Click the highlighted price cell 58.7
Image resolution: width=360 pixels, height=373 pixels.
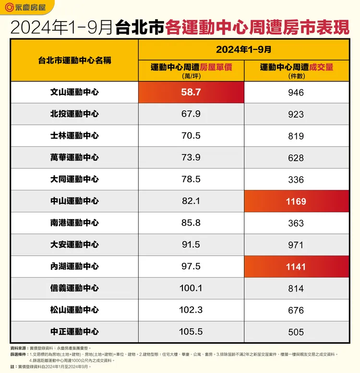pyautogui.click(x=191, y=92)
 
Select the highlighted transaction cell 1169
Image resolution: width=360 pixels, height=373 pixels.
pyautogui.click(x=296, y=201)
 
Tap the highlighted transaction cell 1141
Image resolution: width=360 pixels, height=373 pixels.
pyautogui.click(x=296, y=267)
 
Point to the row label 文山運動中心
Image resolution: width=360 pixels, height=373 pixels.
pyautogui.click(x=74, y=92)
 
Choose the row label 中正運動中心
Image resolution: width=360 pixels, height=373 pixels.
pyautogui.click(x=74, y=332)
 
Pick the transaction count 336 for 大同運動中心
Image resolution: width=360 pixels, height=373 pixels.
pyautogui.click(x=296, y=180)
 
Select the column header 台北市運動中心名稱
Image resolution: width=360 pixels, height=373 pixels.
pyautogui.click(x=74, y=60)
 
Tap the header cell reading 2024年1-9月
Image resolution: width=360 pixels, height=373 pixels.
pyautogui.click(x=243, y=49)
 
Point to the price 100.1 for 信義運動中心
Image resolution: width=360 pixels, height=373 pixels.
pyautogui.click(x=191, y=289)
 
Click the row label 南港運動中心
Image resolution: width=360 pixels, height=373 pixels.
pyautogui.click(x=74, y=223)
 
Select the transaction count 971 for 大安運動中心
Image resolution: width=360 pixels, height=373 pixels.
pyautogui.click(x=296, y=245)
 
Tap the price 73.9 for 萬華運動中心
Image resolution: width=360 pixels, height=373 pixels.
pyautogui.click(x=191, y=158)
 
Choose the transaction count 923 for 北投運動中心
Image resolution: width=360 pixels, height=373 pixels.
pyautogui.click(x=296, y=114)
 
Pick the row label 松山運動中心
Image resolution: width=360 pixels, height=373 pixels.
pyautogui.click(x=74, y=310)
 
